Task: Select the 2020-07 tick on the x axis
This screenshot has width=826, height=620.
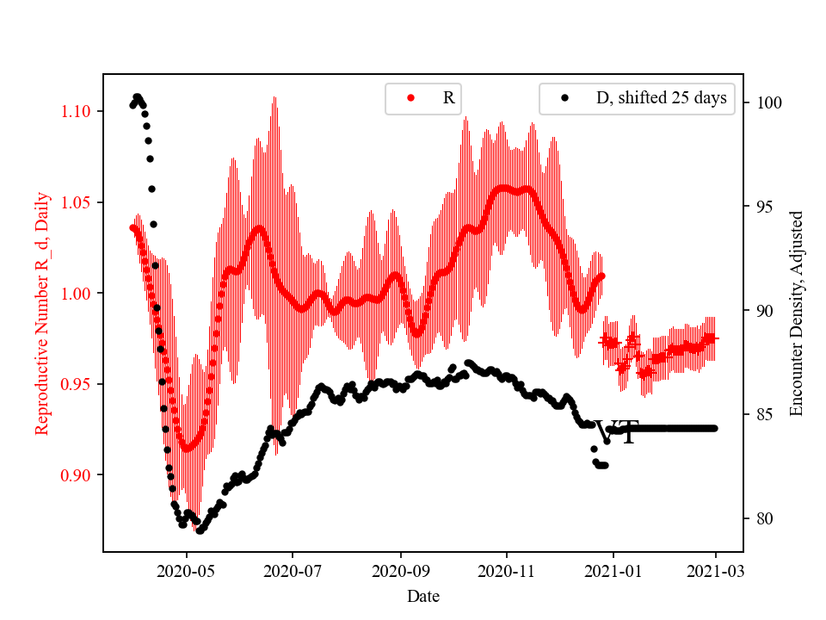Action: (x=293, y=570)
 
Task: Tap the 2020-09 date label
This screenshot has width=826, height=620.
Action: (x=400, y=570)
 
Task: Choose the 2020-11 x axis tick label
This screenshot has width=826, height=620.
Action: (x=507, y=570)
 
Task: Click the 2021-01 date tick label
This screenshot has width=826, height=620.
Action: (x=613, y=570)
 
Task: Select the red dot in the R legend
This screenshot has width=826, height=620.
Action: (x=410, y=98)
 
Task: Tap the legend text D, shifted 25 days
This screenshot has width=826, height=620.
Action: (x=661, y=98)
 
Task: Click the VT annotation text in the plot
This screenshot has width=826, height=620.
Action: (x=618, y=433)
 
